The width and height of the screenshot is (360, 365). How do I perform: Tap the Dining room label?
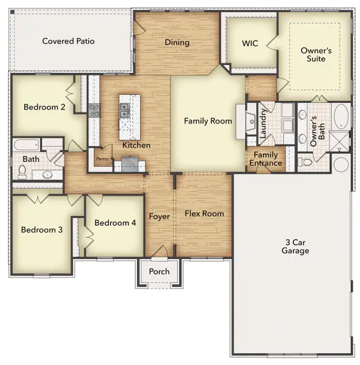click(x=177, y=43)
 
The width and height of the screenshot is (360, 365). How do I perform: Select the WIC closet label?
click(x=250, y=43)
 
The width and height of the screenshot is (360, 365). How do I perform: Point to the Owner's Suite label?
click(x=316, y=55)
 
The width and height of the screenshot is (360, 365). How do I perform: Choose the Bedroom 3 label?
click(x=41, y=229)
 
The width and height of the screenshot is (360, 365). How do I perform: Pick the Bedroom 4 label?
click(x=115, y=223)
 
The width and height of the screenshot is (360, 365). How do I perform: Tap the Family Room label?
click(x=208, y=121)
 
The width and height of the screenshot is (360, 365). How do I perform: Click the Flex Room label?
click(x=204, y=214)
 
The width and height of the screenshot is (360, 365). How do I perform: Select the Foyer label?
click(x=159, y=217)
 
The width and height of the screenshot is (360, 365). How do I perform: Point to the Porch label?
click(x=159, y=271)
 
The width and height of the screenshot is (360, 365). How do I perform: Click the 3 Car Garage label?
click(x=295, y=246)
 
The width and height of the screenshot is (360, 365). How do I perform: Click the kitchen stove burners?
click(x=95, y=110)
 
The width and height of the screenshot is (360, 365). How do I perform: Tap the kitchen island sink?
click(x=124, y=111)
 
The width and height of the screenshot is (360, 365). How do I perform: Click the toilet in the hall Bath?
click(x=23, y=173)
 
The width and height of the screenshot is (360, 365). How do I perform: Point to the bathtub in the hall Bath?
click(x=26, y=145)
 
